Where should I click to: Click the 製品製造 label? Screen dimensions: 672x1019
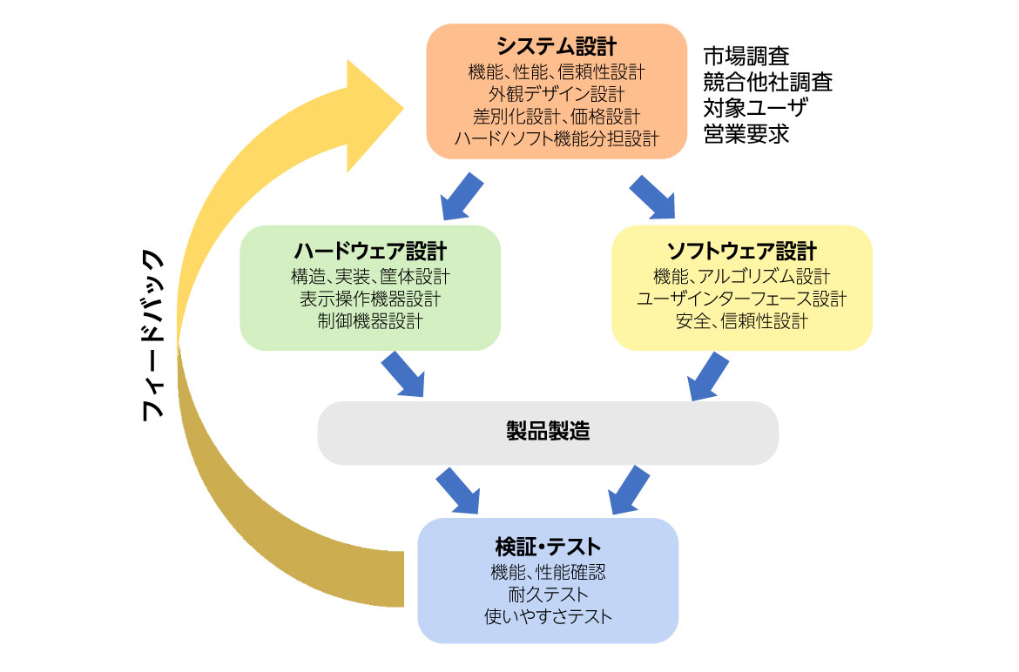coord(547,432)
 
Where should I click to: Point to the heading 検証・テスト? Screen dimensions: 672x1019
coord(548,547)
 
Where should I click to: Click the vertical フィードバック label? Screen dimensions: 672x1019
coord(152,336)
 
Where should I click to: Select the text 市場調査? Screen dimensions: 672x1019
coord(746,57)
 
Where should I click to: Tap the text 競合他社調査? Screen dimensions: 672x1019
coord(767,83)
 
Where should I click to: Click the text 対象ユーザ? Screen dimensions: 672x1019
coord(755,109)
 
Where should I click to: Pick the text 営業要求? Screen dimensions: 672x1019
coord(746,135)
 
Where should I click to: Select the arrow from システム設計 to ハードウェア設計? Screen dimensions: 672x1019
coord(462,196)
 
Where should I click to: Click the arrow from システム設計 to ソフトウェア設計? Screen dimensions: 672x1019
coord(652,196)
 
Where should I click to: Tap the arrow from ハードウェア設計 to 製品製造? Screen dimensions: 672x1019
coord(402,373)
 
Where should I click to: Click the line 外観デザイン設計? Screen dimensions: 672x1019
coord(557,92)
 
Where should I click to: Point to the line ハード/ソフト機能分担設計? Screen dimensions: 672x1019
coord(557,138)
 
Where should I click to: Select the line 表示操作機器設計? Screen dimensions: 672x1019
coord(370,299)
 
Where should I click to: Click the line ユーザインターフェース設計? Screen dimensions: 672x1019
coord(741,299)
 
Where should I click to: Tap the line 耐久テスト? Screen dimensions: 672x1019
coord(548,595)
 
